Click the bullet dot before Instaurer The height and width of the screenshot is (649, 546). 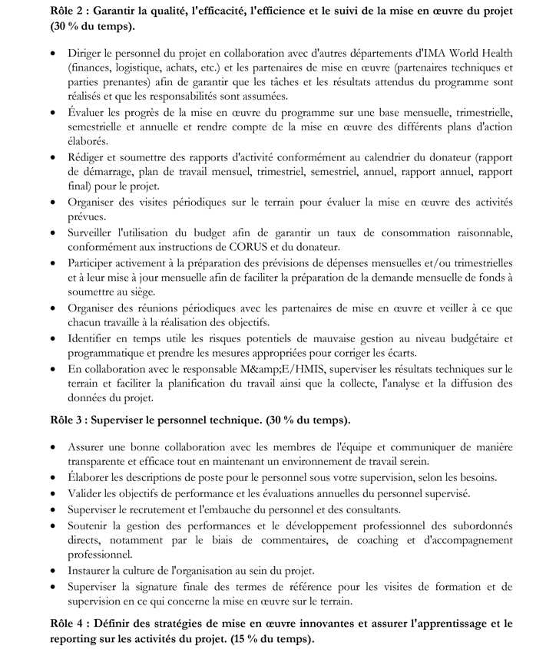(x=51, y=571)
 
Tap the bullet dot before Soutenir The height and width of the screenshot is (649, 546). (x=51, y=525)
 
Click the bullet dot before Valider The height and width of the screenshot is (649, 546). (x=51, y=493)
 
